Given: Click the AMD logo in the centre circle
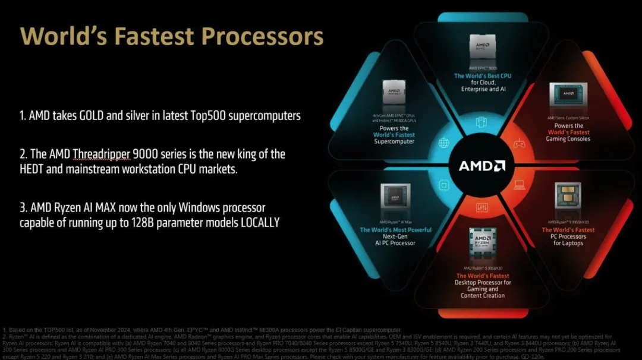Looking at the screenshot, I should click(481, 166).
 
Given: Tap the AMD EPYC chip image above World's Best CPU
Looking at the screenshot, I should click(482, 46).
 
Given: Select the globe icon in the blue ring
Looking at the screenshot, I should click(443, 143).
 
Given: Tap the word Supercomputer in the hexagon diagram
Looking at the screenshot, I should click(395, 142).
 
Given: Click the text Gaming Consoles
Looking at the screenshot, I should click(568, 139).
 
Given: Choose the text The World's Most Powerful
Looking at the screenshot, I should click(395, 230).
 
